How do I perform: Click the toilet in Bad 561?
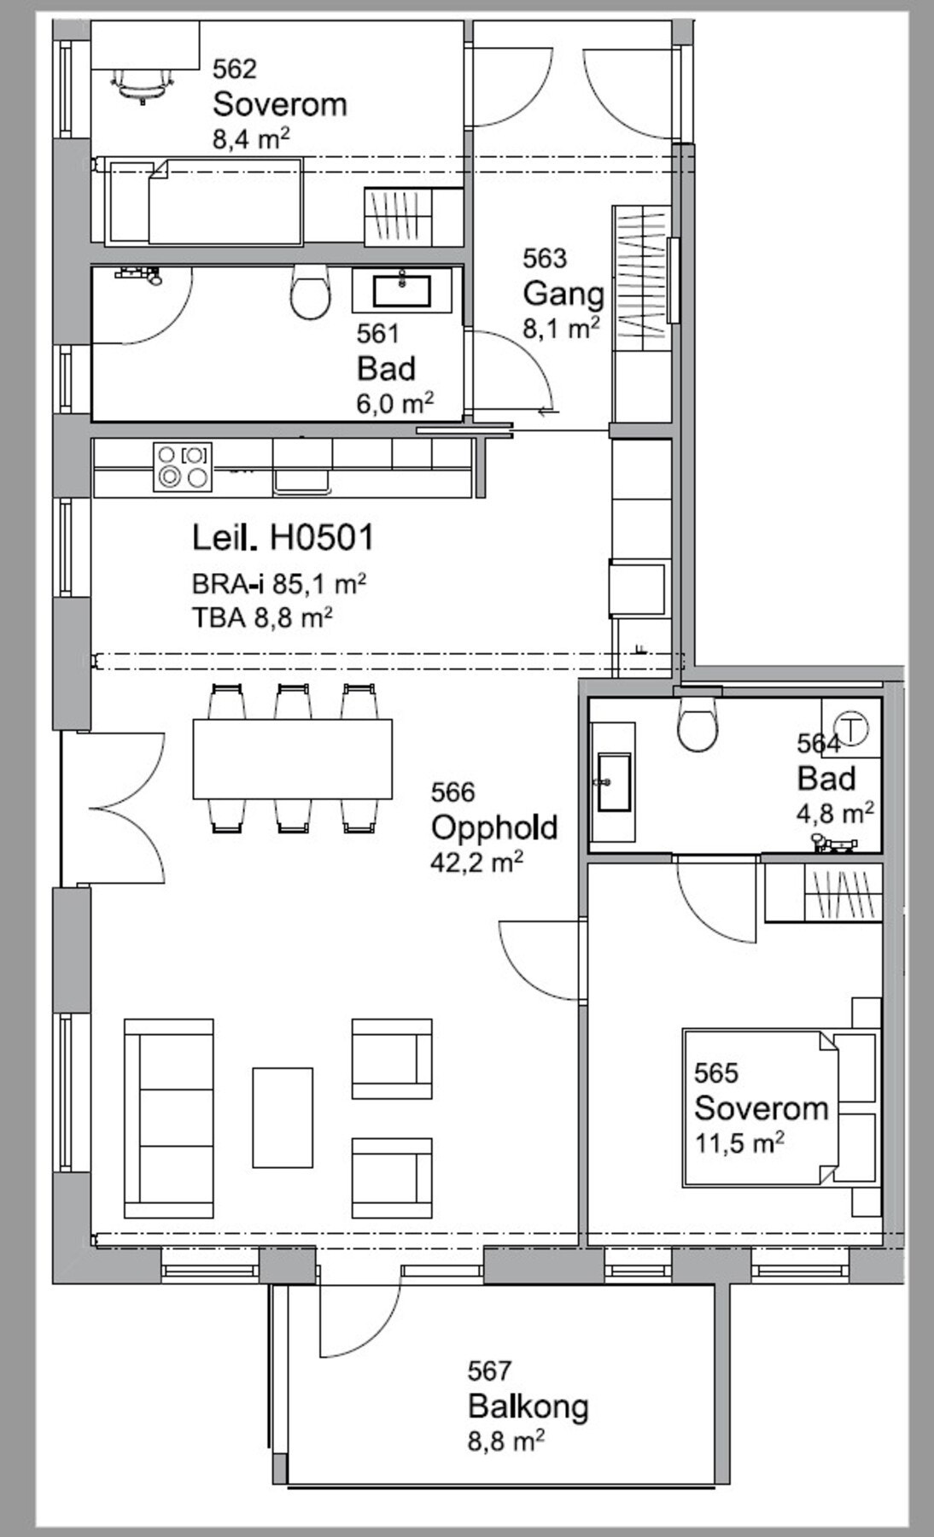(x=310, y=292)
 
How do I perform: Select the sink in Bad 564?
(x=614, y=781)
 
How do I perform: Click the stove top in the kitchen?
(x=183, y=466)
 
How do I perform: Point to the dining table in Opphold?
(x=293, y=758)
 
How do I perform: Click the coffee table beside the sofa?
(x=283, y=1117)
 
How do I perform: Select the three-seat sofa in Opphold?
(x=169, y=1118)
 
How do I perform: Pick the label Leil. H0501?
(x=283, y=538)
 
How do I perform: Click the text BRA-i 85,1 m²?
(x=279, y=584)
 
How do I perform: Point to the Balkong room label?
(x=528, y=1406)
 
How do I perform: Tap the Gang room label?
(x=563, y=294)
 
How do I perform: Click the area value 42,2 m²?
(x=476, y=862)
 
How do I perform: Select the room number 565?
(x=716, y=1072)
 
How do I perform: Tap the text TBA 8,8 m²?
(x=262, y=617)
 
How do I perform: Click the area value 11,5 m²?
(x=739, y=1143)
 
